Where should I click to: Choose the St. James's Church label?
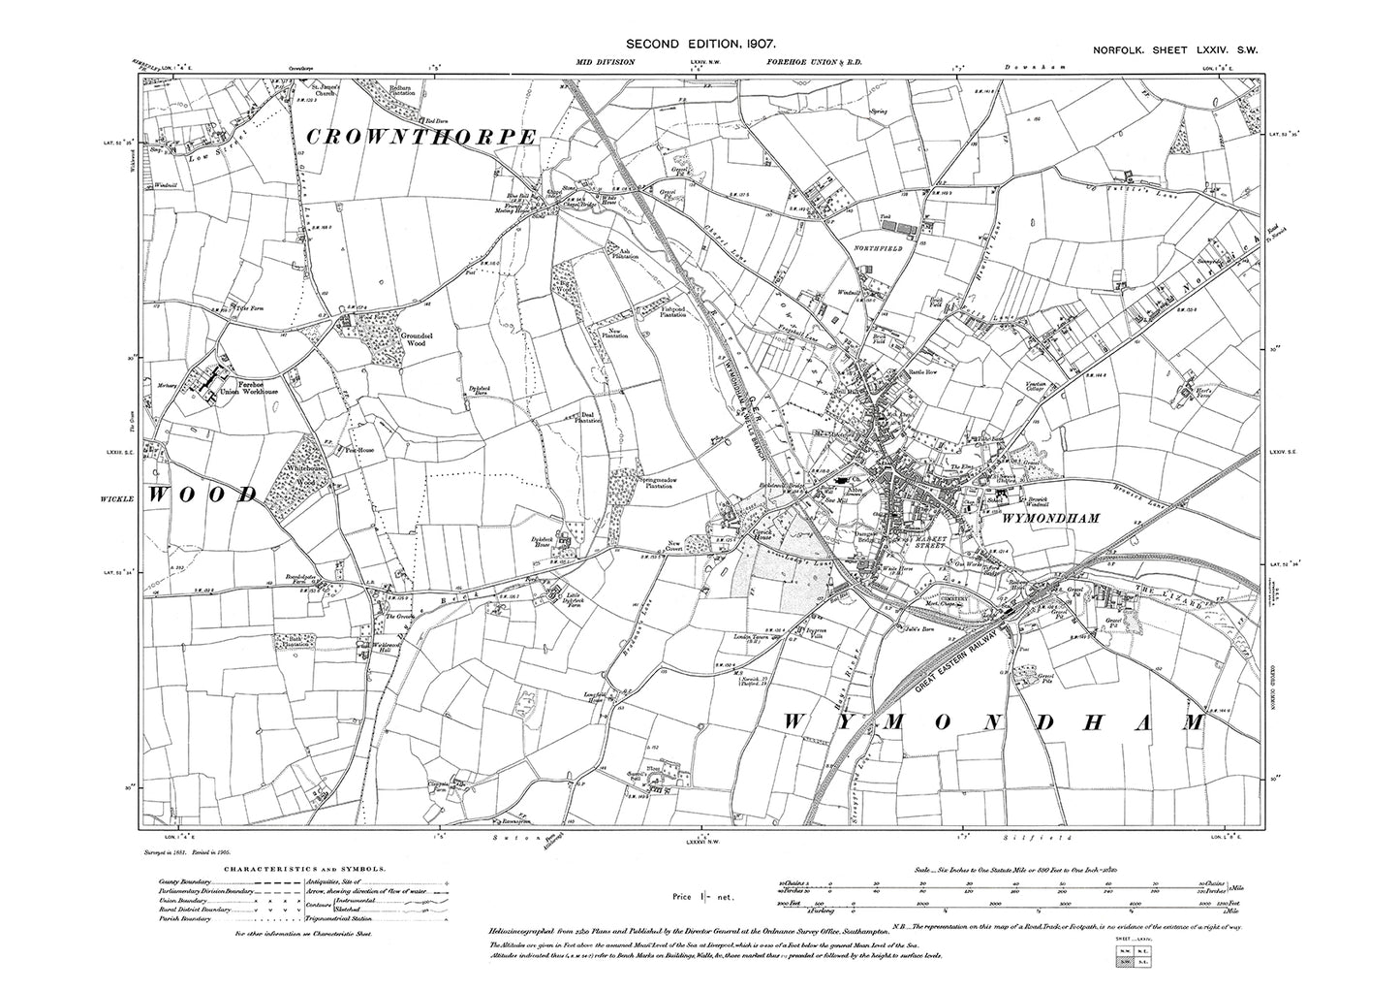click(324, 87)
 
